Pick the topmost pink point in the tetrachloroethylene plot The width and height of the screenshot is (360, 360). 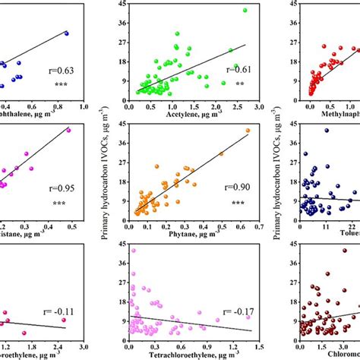134,250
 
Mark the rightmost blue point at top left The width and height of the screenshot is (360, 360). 66,33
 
